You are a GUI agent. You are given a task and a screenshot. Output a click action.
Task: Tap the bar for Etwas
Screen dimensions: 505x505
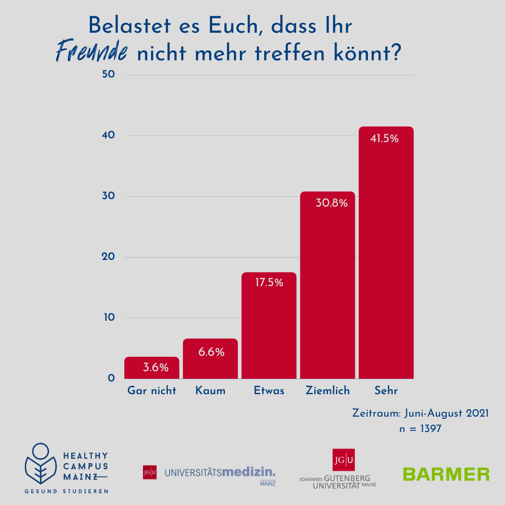(269, 327)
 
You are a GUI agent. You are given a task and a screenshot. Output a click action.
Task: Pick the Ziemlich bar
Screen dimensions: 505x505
(327, 290)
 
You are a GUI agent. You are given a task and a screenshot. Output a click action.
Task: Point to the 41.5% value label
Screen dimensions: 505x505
(384, 139)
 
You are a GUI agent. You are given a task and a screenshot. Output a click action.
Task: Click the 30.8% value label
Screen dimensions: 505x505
(332, 204)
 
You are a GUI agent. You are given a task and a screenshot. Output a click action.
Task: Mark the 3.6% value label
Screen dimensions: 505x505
(156, 368)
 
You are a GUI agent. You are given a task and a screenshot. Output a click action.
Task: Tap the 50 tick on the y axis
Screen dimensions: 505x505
(108, 75)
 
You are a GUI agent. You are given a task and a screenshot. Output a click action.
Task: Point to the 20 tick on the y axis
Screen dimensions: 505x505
(108, 257)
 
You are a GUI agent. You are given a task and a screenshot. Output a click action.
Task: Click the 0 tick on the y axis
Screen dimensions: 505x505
(111, 378)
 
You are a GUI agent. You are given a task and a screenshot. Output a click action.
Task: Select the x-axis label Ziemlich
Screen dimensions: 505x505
(328, 391)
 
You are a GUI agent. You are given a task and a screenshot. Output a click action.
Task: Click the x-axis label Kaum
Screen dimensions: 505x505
(210, 391)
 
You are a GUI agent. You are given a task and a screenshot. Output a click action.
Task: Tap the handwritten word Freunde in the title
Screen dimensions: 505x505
(92, 52)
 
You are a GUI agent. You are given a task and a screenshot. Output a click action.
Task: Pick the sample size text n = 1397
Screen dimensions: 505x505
(420, 428)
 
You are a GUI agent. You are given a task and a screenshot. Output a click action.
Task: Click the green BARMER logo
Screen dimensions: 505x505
(446, 474)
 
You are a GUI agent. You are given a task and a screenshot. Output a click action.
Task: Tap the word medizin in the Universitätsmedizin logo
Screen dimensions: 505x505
(248, 472)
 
